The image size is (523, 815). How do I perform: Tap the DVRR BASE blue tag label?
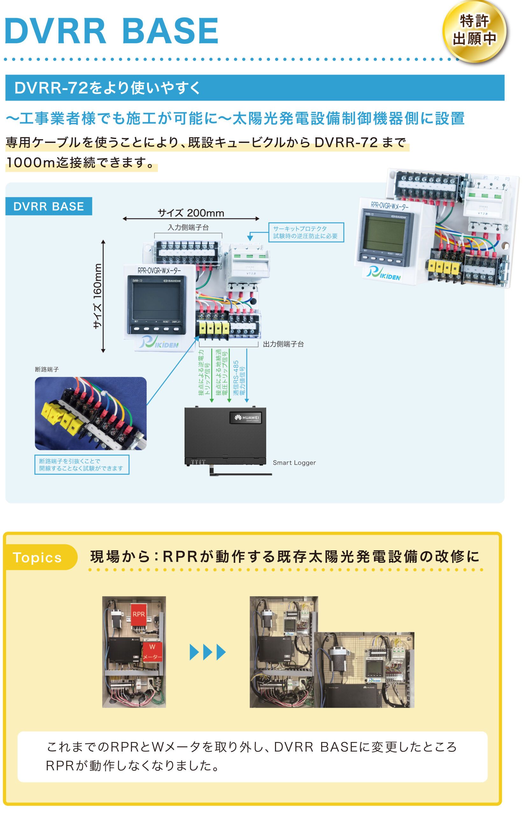click(x=49, y=206)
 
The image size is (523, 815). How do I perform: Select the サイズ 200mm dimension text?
click(x=191, y=213)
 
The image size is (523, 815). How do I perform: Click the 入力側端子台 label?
click(x=188, y=228)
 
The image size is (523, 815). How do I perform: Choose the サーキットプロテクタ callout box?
click(x=306, y=232)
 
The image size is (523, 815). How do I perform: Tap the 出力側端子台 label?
click(x=283, y=344)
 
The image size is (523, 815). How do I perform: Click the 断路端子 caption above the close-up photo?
click(x=47, y=369)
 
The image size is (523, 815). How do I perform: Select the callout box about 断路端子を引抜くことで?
click(x=81, y=464)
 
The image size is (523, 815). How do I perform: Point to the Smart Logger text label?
click(x=294, y=463)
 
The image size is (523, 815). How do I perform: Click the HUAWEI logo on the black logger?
click(x=247, y=418)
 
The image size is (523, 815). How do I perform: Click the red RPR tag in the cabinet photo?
click(x=138, y=614)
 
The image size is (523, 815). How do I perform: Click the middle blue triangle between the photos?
click(x=208, y=652)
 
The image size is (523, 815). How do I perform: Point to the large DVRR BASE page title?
click(x=111, y=31)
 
